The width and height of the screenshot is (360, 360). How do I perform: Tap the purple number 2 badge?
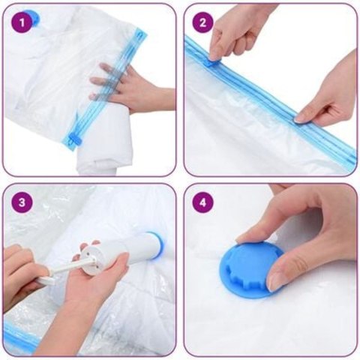(201, 22)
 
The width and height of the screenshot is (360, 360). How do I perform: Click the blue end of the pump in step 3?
(154, 244)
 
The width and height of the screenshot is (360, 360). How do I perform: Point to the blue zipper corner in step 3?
(19, 337)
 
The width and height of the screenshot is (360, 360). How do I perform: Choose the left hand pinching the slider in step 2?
(232, 30)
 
